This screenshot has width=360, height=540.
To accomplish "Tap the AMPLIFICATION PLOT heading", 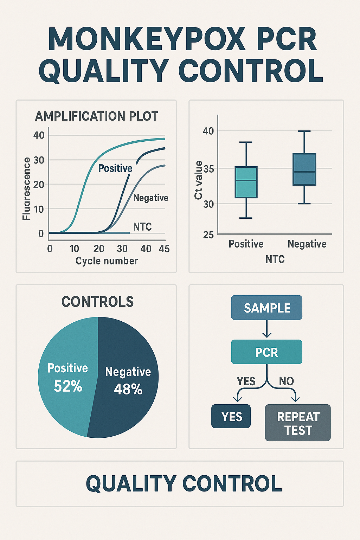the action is pyautogui.click(x=96, y=116).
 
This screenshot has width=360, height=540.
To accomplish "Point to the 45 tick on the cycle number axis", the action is pyautogui.click(x=164, y=249).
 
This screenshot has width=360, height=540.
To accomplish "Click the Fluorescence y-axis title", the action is pyautogui.click(x=26, y=189).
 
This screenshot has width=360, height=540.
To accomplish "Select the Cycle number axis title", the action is pyautogui.click(x=107, y=261).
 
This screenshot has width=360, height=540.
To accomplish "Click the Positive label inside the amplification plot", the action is pyautogui.click(x=115, y=168).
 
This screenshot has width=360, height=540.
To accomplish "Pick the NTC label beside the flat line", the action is pyautogui.click(x=142, y=227).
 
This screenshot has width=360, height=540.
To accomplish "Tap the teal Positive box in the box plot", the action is pyautogui.click(x=246, y=182).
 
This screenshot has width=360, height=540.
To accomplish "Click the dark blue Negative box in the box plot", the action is pyautogui.click(x=304, y=169).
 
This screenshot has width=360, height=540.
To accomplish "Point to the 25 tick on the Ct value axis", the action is pyautogui.click(x=208, y=234).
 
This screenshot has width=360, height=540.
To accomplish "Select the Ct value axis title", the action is pyautogui.click(x=198, y=180).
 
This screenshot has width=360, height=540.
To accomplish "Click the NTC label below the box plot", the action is pyautogui.click(x=275, y=259).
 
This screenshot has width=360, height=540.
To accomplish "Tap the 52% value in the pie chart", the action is pyautogui.click(x=68, y=386).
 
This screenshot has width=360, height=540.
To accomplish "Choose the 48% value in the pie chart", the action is pyautogui.click(x=128, y=389).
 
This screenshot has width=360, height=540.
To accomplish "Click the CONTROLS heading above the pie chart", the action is pyautogui.click(x=97, y=302).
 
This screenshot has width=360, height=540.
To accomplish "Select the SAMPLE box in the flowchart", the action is pyautogui.click(x=267, y=308).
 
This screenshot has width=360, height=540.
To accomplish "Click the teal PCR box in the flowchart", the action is pyautogui.click(x=267, y=352).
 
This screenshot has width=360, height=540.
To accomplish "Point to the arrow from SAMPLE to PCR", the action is pyautogui.click(x=267, y=329).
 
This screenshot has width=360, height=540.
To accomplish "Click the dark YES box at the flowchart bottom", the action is pyautogui.click(x=231, y=416).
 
